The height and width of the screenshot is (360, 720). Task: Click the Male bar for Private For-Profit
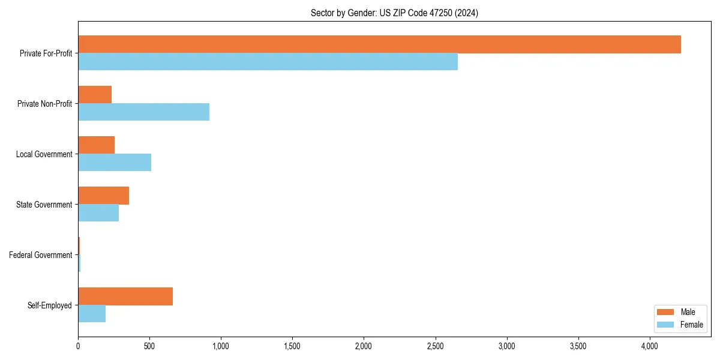379,44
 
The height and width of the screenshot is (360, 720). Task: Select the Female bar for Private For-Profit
268,62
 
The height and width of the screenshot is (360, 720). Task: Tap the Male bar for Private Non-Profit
95,95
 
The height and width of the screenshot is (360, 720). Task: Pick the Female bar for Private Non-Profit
143,112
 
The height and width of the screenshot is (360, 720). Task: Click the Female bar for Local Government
115,163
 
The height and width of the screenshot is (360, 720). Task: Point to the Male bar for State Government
103,196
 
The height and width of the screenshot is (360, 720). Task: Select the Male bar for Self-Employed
125,296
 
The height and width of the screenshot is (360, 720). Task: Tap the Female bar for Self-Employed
92,314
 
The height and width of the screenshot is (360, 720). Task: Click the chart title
394,13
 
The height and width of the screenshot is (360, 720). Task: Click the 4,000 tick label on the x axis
650,346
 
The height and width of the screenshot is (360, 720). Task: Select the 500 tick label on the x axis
149,346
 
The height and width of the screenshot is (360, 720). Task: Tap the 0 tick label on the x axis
78,346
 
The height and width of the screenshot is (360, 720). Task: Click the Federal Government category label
40,255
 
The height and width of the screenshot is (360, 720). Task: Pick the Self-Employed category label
49,305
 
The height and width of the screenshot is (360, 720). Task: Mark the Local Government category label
44,154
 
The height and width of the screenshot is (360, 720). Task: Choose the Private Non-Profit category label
44,104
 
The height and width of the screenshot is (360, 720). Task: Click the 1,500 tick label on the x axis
292,346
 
